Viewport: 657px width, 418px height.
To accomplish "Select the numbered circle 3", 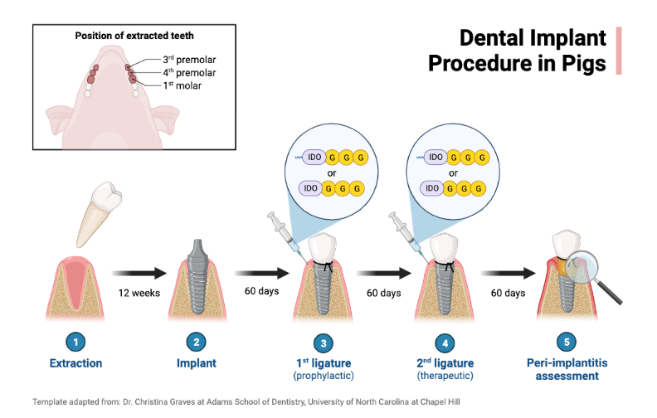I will point(324,342).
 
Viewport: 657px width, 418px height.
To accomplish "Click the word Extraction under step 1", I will point(75,363).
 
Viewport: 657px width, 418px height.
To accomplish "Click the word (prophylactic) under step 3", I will point(324,377).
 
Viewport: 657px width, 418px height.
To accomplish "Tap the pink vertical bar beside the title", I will point(618,51).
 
